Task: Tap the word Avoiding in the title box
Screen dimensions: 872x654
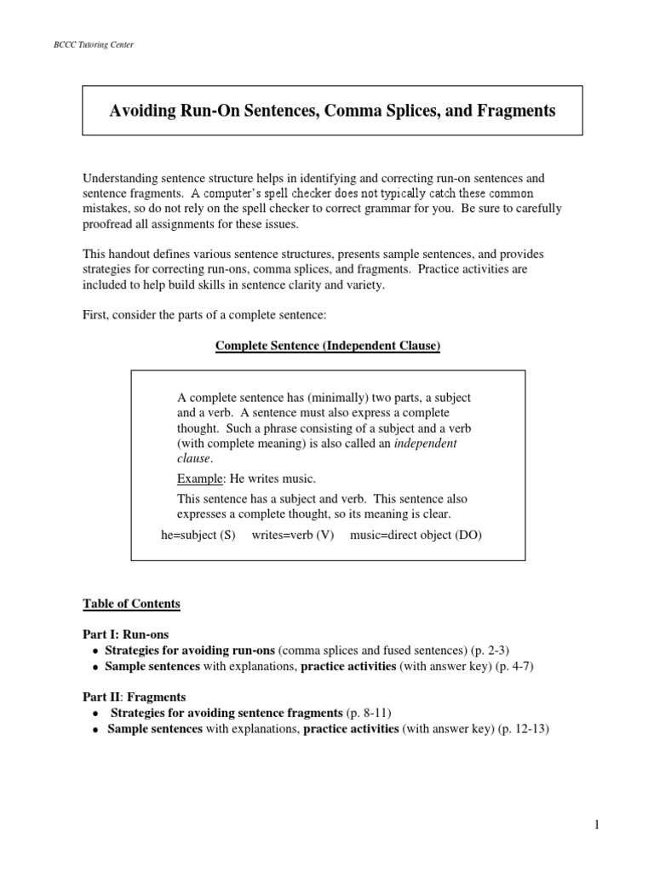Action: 145,111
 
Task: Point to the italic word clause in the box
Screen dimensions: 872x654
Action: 193,458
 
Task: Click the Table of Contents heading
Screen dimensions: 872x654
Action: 131,604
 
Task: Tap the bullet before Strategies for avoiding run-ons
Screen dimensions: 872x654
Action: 93,651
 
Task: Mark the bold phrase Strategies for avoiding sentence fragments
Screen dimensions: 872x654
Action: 226,711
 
